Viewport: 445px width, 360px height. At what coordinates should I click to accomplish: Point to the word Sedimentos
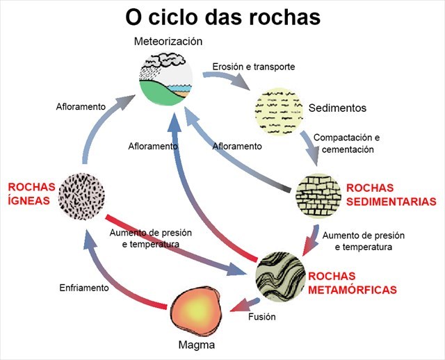pyautogui.click(x=337, y=108)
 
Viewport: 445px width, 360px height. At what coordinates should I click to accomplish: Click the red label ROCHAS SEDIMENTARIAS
pyautogui.click(x=391, y=195)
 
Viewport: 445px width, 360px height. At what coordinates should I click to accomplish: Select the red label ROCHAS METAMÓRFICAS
pyautogui.click(x=353, y=281)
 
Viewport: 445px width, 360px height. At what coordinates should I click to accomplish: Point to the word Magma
pyautogui.click(x=195, y=345)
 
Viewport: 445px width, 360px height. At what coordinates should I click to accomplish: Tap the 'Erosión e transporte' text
pyautogui.click(x=253, y=67)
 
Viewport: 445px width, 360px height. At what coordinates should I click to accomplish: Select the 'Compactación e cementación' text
pyautogui.click(x=346, y=143)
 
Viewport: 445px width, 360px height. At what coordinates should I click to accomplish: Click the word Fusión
pyautogui.click(x=262, y=317)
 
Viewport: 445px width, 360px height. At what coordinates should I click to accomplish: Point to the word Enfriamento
pyautogui.click(x=83, y=287)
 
